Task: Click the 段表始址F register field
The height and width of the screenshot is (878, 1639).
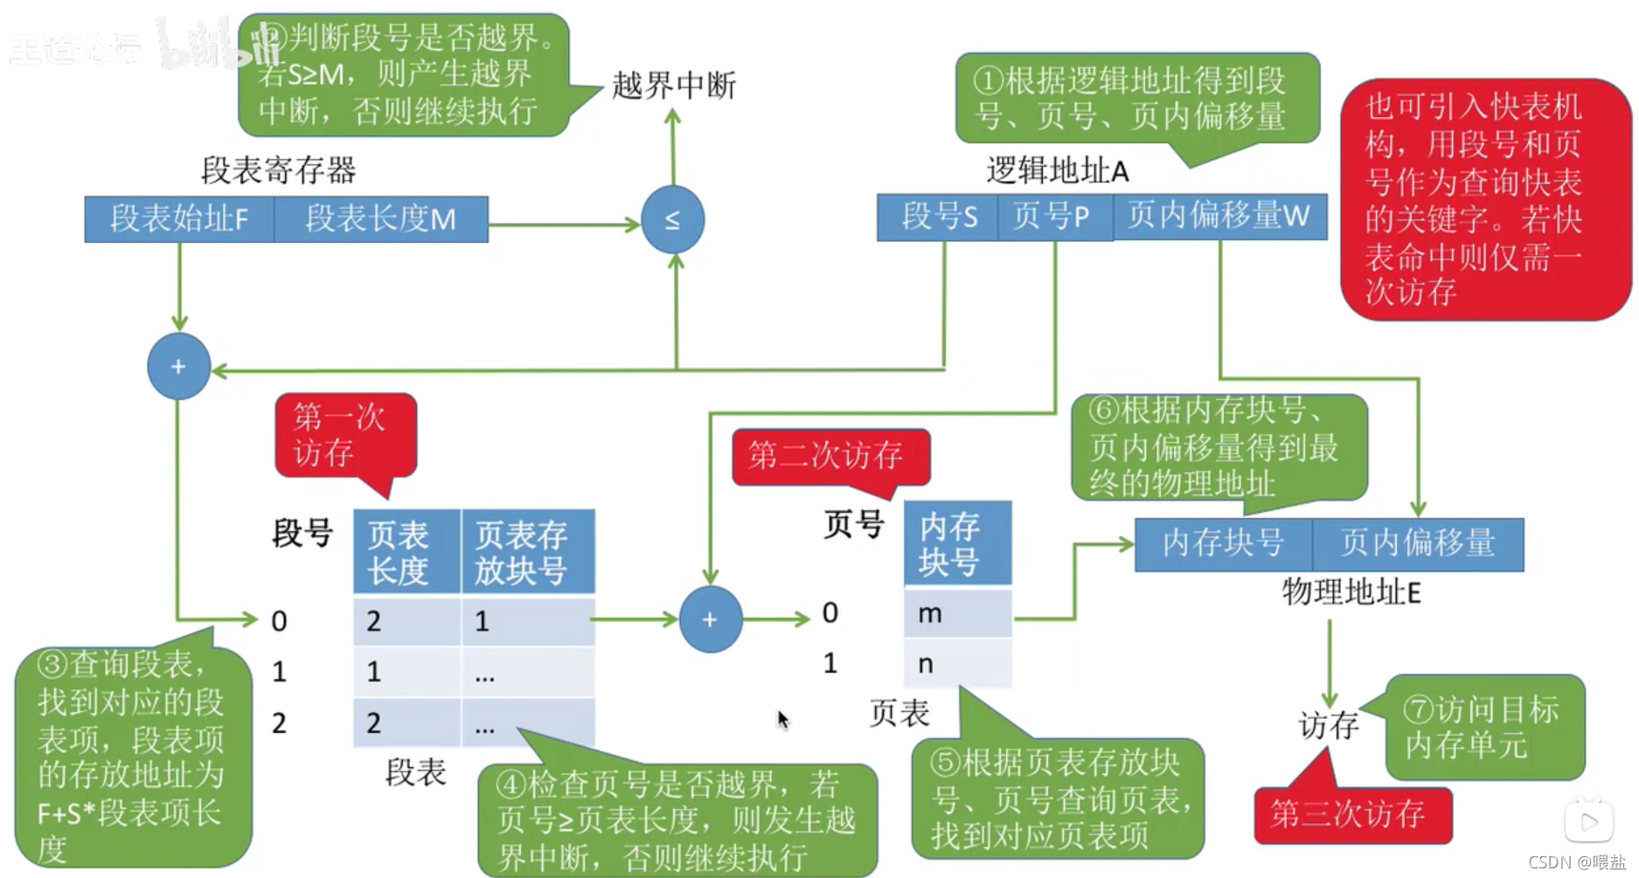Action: (x=179, y=218)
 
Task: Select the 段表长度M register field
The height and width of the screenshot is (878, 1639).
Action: (x=381, y=218)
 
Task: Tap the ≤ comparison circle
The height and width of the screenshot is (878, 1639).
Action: (x=672, y=220)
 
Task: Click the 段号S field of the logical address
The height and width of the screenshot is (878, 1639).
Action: (x=939, y=217)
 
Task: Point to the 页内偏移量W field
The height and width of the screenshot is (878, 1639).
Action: (x=1219, y=217)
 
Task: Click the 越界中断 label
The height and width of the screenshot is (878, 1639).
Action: (x=673, y=86)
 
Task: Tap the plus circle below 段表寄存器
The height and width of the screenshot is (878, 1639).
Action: (x=178, y=367)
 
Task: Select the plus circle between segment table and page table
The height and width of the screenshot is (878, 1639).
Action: (x=710, y=619)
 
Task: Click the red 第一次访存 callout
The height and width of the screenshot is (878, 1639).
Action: (x=344, y=435)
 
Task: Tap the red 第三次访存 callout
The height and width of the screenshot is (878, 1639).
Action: (x=1351, y=815)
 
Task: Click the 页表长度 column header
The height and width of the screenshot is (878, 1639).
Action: (x=406, y=552)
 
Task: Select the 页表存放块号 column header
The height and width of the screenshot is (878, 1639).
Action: (x=528, y=552)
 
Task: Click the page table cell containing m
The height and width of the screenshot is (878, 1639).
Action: (x=957, y=614)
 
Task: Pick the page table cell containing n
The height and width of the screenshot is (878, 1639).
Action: (x=957, y=664)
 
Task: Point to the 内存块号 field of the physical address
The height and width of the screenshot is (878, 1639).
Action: (x=1223, y=543)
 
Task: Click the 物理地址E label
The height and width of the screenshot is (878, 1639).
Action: (x=1351, y=592)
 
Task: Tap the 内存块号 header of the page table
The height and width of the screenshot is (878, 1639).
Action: (x=957, y=543)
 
